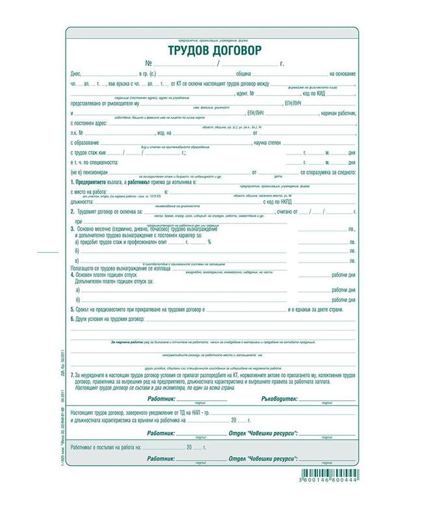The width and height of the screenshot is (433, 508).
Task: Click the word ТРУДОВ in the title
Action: pos(189,51)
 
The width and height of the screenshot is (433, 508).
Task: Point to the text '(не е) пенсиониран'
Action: pos(92,172)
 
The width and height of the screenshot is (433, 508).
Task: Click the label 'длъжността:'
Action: pos(85,201)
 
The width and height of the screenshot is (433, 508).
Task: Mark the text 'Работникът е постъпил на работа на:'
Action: pos(112,448)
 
